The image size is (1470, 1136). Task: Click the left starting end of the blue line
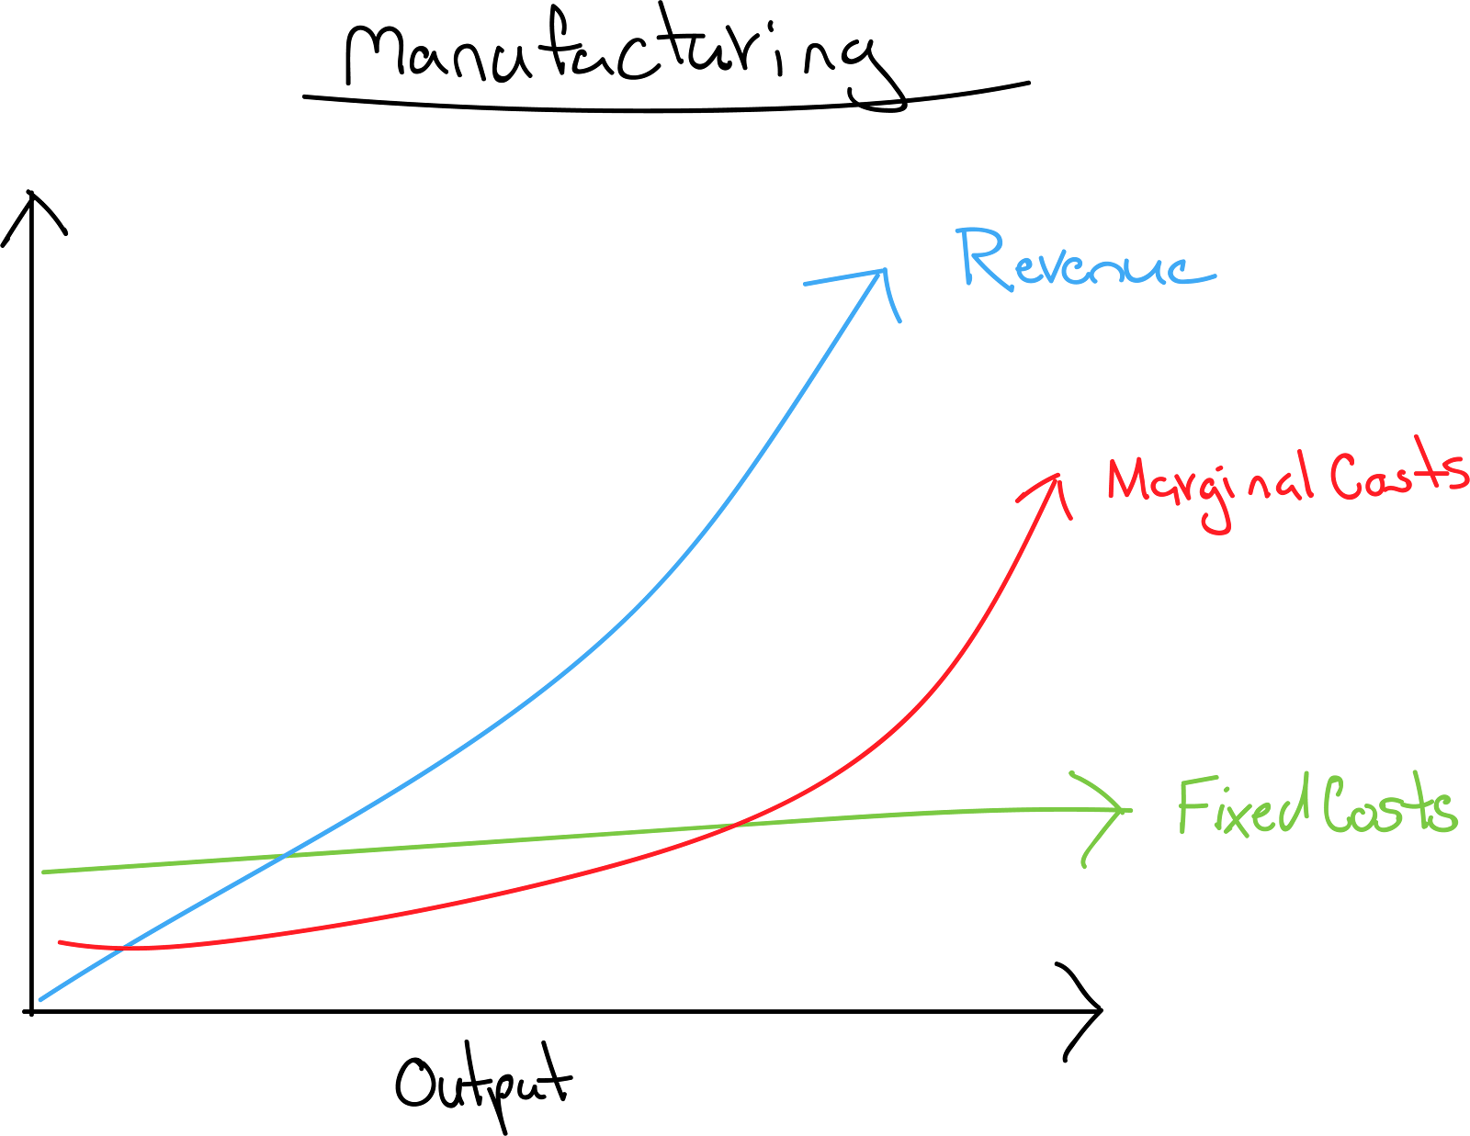(40, 999)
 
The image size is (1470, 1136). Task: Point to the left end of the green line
(44, 872)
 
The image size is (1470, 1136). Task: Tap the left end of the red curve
(60, 942)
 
